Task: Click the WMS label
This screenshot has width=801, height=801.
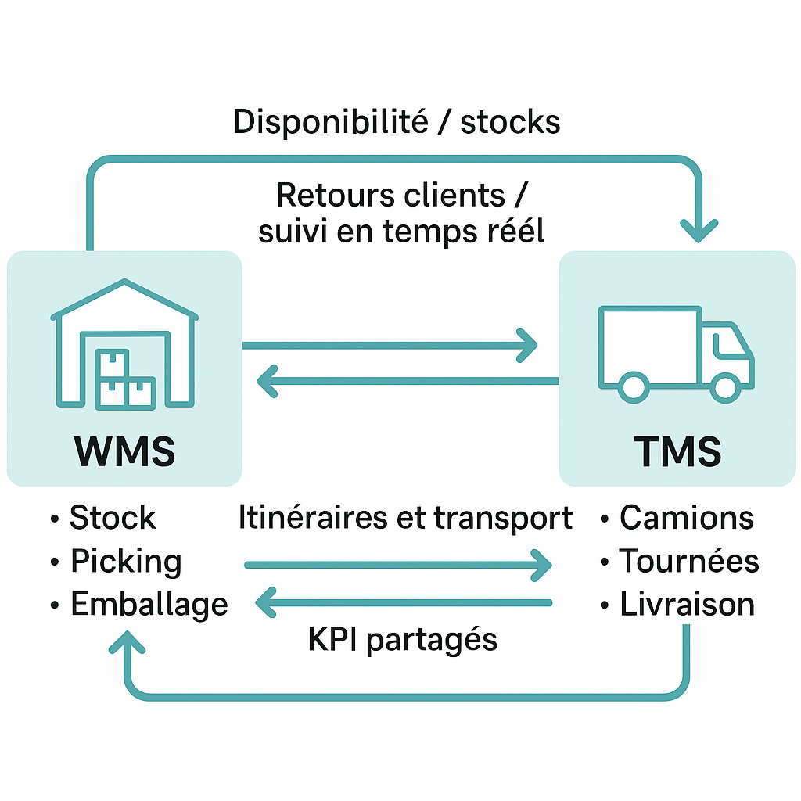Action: (124, 451)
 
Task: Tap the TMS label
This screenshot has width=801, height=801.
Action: (677, 451)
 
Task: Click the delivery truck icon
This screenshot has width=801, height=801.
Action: (676, 352)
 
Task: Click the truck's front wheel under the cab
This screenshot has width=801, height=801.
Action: (724, 386)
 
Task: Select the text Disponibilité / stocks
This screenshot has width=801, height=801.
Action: (397, 122)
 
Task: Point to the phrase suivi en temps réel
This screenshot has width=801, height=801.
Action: (400, 232)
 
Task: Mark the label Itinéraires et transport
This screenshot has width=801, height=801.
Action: (405, 518)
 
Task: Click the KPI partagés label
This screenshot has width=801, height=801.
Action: (402, 640)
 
